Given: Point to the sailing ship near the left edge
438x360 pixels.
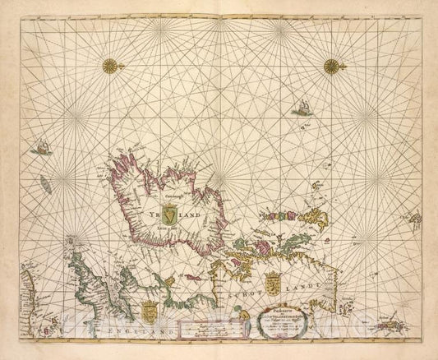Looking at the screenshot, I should click(x=38, y=147).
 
